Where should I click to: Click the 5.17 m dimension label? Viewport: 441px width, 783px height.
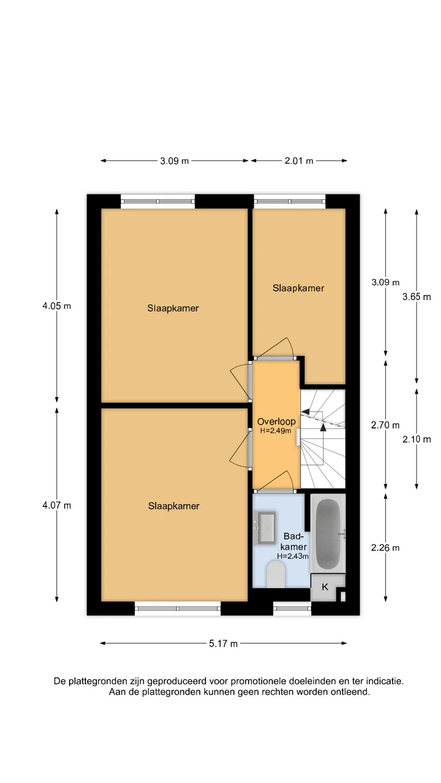coord(223,644)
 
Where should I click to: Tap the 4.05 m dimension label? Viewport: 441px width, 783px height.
coord(57,306)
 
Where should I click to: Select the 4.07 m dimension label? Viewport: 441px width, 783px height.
coord(57,505)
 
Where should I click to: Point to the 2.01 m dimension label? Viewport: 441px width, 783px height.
coord(299,161)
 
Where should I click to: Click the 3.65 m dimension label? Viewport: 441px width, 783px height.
coord(416,297)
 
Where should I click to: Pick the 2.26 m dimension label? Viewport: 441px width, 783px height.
coord(385,548)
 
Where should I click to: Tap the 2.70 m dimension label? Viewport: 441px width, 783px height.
coord(385,425)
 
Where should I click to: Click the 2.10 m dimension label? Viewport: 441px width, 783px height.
coord(416,439)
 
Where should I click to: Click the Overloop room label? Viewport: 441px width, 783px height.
coord(276,421)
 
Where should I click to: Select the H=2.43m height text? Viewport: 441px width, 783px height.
coord(293,556)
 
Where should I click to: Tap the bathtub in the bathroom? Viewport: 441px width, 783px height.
coord(328,533)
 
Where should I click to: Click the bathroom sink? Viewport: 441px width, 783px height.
coord(265,528)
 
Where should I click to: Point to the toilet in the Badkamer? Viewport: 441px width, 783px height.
coord(276,574)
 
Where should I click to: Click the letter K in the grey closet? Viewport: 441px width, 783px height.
coord(325,587)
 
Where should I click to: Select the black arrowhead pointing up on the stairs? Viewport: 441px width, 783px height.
coord(323,427)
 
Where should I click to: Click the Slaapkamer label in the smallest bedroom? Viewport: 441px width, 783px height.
coord(298,288)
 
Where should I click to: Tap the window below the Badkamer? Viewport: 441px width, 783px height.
coord(292,608)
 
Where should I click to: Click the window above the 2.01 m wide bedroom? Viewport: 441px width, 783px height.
coord(290,201)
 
